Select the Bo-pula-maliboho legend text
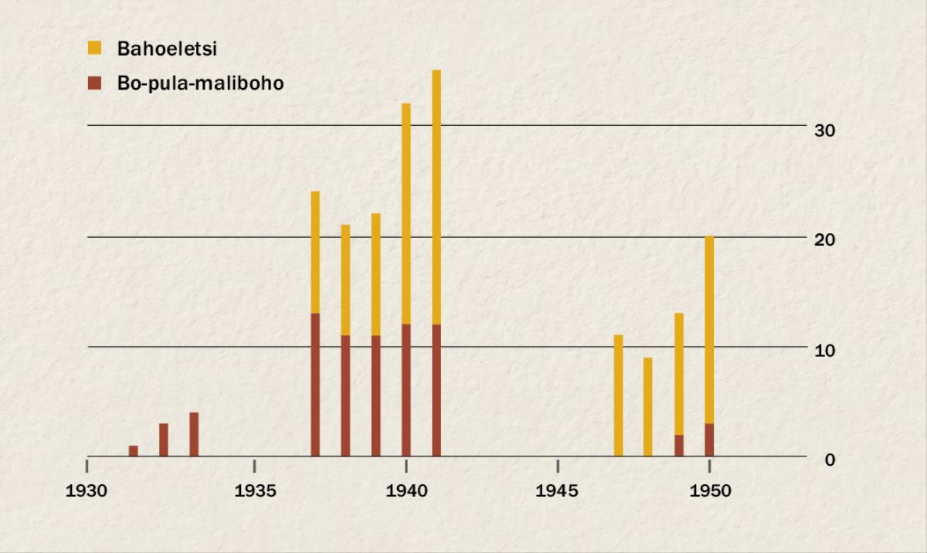pyautogui.click(x=200, y=83)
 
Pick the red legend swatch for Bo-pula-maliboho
pyautogui.click(x=94, y=83)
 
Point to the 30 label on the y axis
pyautogui.click(x=825, y=130)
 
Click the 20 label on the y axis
pyautogui.click(x=825, y=240)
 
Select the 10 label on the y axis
pyautogui.click(x=825, y=350)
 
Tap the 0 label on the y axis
pyautogui.click(x=830, y=460)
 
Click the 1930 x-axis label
pyautogui.click(x=87, y=491)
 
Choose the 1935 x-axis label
pyautogui.click(x=254, y=491)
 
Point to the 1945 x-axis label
pyautogui.click(x=558, y=491)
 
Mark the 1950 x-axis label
pyautogui.click(x=709, y=491)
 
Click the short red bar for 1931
pyautogui.click(x=133, y=451)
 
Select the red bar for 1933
pyautogui.click(x=194, y=435)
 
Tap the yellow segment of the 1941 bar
pyautogui.click(x=436, y=197)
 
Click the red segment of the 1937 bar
pyautogui.click(x=315, y=385)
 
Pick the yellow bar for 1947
pyautogui.click(x=618, y=395)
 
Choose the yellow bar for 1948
pyautogui.click(x=648, y=407)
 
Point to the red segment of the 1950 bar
pyautogui.click(x=709, y=440)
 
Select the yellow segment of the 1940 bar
pyautogui.click(x=406, y=213)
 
